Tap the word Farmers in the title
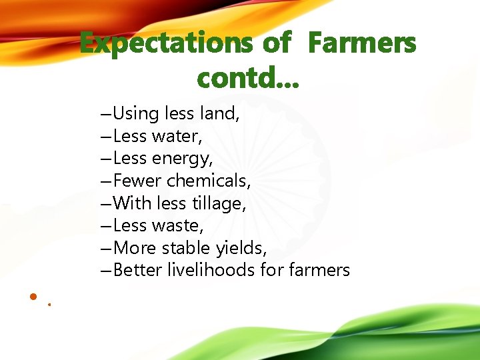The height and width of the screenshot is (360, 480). [362, 45]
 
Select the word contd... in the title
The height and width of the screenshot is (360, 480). [248, 79]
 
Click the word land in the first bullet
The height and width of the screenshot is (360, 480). [218, 114]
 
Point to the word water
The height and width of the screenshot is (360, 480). [177, 137]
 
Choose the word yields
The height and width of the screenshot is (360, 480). [241, 249]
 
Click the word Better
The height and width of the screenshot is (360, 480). [137, 270]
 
